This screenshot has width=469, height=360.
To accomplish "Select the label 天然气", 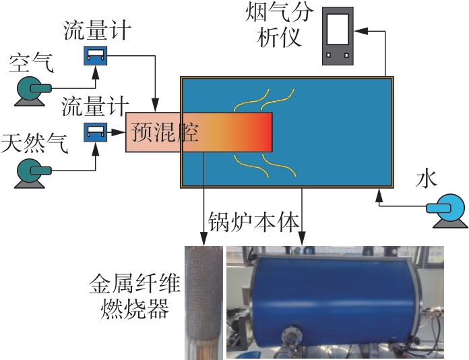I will [x=35, y=144].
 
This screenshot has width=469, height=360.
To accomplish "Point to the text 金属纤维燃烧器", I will [x=135, y=297].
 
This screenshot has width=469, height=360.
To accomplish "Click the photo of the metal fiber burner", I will [x=203, y=302].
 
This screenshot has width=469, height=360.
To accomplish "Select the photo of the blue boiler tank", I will [x=335, y=302].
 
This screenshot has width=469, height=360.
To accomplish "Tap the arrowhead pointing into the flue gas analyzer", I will [x=358, y=30].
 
